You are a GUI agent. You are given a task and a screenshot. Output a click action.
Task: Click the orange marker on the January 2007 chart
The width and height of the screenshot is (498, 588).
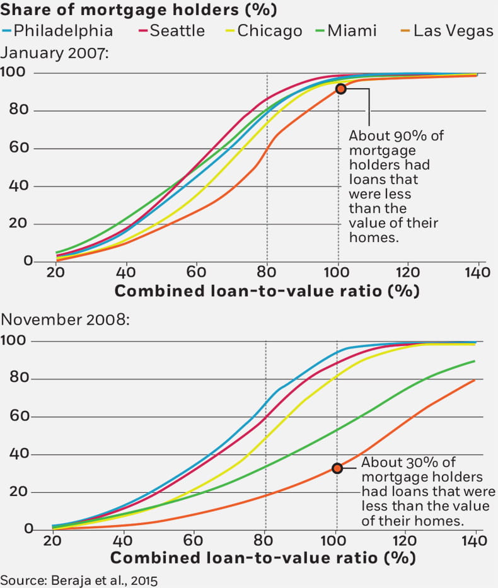[340, 89]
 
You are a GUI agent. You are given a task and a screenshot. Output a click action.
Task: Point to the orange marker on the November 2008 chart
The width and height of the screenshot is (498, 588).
[337, 468]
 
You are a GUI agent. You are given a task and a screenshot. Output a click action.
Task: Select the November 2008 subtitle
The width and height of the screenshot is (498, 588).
[65, 320]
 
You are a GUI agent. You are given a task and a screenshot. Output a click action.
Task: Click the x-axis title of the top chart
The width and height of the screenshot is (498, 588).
[267, 291]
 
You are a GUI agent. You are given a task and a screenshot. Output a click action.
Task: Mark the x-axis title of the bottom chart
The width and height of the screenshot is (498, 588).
[263, 558]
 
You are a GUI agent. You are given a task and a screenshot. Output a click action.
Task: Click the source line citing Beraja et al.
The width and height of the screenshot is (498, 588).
[78, 579]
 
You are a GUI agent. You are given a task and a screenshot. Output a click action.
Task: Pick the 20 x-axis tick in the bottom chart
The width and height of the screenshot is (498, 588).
[52, 541]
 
